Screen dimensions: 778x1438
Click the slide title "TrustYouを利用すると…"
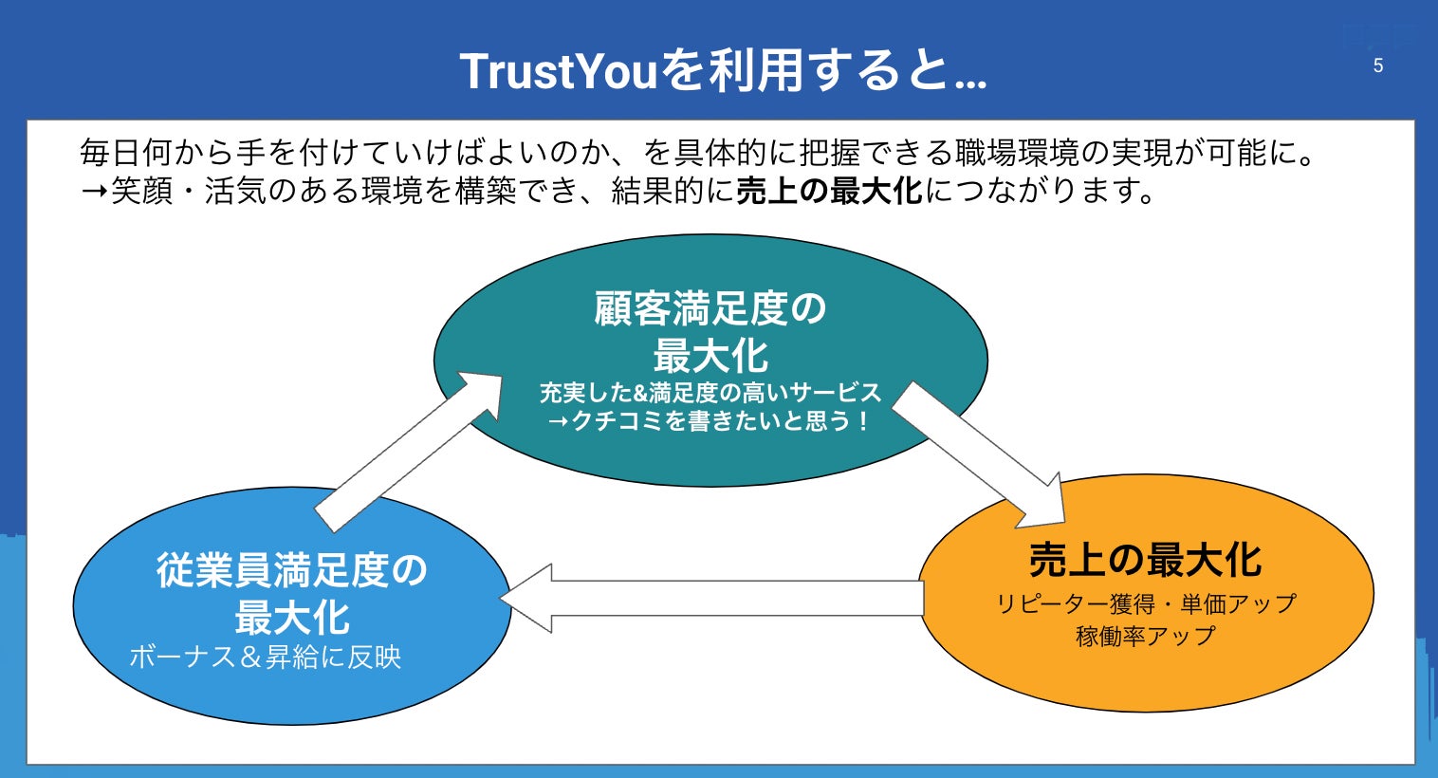pos(723,70)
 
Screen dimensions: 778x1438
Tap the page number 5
pos(1378,65)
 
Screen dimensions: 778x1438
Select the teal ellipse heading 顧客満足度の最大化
pos(710,332)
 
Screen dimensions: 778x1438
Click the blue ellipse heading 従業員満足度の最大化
pos(292,594)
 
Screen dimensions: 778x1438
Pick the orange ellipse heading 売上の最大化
pos(1145,560)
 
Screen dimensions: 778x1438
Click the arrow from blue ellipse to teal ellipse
pos(408,450)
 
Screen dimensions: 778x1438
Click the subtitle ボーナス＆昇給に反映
pos(266,657)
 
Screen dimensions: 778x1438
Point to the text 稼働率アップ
pos(1145,636)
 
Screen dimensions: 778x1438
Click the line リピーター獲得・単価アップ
pos(1145,603)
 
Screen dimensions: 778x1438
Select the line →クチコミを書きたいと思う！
pos(710,420)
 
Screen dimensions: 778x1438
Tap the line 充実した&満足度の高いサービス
pos(710,392)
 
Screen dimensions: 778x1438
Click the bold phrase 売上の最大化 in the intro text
pos(829,191)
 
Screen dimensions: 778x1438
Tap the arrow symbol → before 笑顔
pos(94,191)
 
